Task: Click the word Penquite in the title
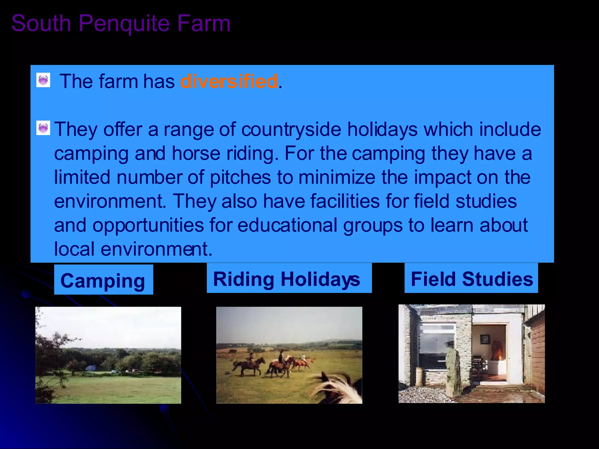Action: [124, 23]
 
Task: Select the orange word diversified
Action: [229, 81]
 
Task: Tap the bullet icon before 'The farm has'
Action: [43, 80]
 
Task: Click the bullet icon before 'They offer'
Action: [43, 128]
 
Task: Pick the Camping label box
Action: [103, 280]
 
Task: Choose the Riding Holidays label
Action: [289, 278]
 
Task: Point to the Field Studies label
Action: [471, 278]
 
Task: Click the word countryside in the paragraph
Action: [291, 129]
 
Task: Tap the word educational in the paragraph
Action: [287, 225]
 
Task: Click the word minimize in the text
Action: [337, 177]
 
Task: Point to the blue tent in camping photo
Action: [91, 367]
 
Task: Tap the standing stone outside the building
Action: [454, 371]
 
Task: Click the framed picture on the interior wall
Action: [484, 339]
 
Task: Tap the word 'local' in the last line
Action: [74, 249]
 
